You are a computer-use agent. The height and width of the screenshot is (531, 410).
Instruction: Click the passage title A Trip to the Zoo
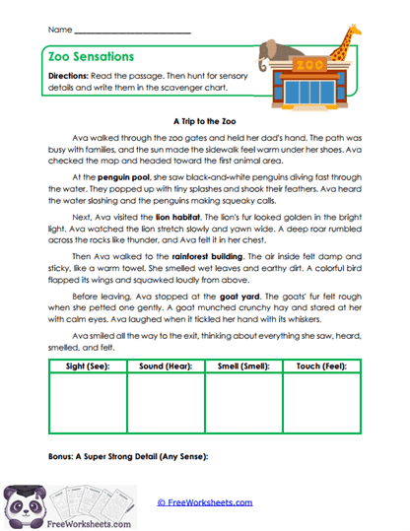point(205,113)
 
